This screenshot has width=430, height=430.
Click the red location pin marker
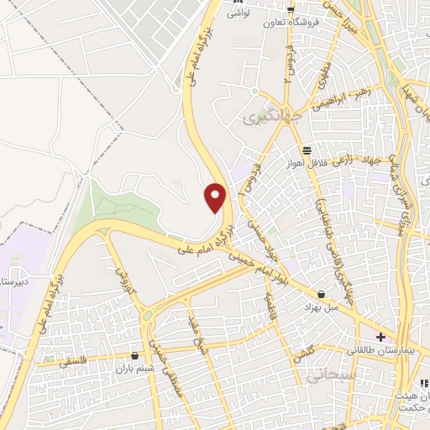point(216,197)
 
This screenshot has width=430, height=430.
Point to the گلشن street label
point(304,354)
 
